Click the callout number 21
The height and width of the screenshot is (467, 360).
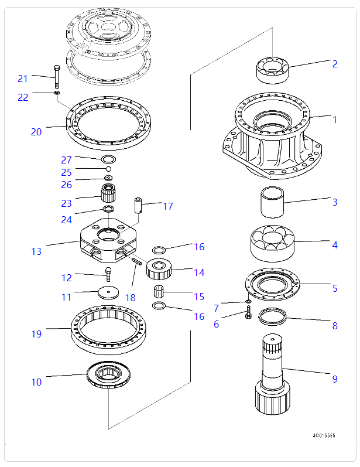(23, 79)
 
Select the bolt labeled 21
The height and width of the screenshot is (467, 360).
(56, 76)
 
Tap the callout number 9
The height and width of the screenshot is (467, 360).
(335, 379)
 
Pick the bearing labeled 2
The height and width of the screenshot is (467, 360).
(272, 69)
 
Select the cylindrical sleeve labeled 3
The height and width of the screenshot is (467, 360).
(272, 202)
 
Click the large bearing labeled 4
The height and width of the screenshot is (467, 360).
(272, 241)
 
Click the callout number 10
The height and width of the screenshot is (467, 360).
(36, 382)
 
